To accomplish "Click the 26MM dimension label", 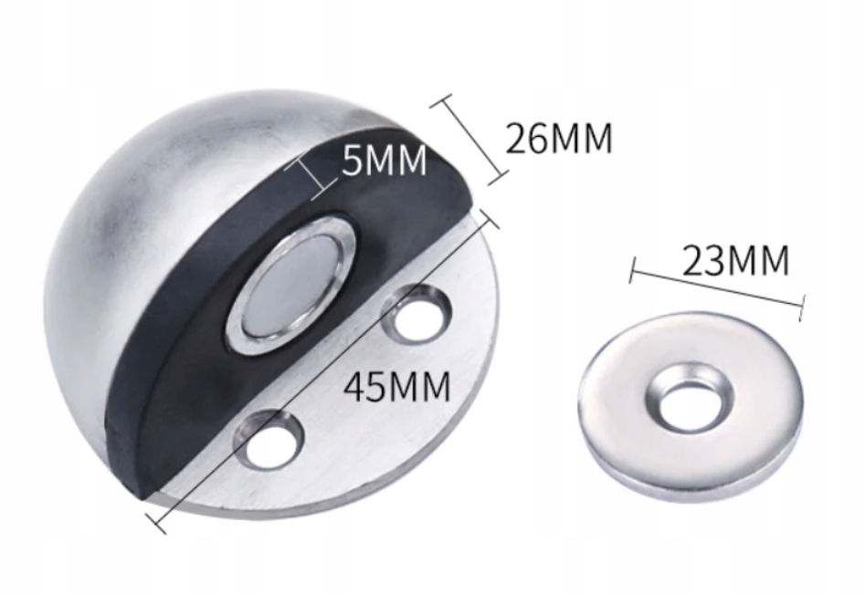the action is point(559,138).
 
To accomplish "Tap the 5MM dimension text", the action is point(384,161).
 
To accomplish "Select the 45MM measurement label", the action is point(397,386).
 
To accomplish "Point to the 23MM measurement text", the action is point(736,260).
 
